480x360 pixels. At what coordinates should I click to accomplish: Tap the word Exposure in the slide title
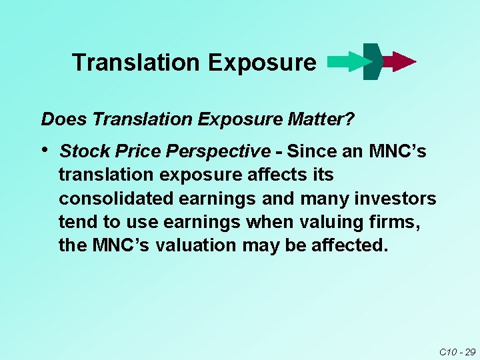[x=262, y=63]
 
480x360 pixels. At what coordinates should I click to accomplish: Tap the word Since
[x=312, y=152]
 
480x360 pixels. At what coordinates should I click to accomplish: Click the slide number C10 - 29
[x=457, y=351]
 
